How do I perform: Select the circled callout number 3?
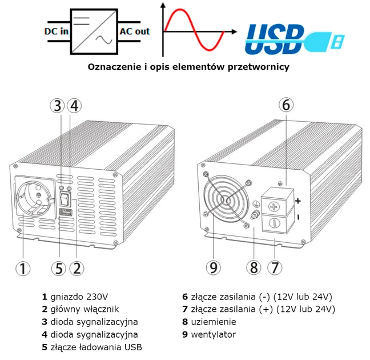pos(58,106)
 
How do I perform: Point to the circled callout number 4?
pos(74,106)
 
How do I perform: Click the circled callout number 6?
pos(287,105)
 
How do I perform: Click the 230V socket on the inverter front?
pos(34,200)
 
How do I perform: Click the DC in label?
pos(56,31)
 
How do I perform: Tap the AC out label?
pos(134,31)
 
